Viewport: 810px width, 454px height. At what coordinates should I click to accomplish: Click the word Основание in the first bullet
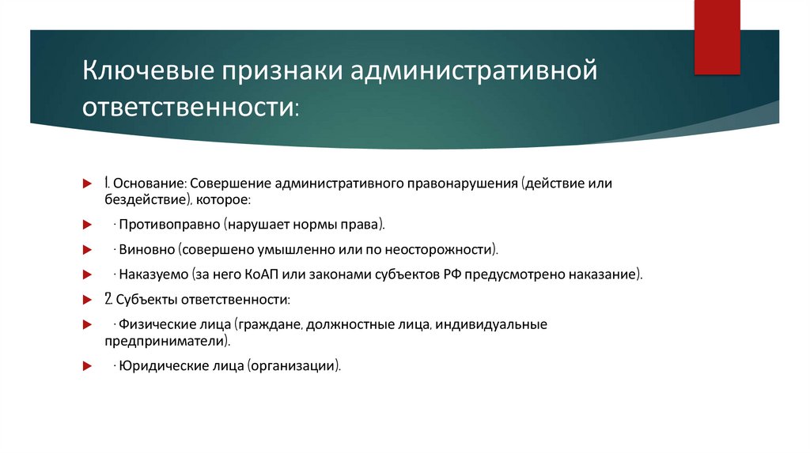click(151, 183)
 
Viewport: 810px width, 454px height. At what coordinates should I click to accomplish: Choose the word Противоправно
click(170, 225)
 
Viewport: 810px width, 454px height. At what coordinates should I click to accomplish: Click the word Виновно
click(146, 250)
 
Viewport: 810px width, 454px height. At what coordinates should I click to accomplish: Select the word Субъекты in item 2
click(146, 301)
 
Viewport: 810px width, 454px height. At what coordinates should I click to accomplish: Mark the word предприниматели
click(165, 342)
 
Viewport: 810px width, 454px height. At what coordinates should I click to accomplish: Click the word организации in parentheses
click(294, 366)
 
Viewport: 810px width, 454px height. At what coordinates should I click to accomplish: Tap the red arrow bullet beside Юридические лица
click(88, 366)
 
